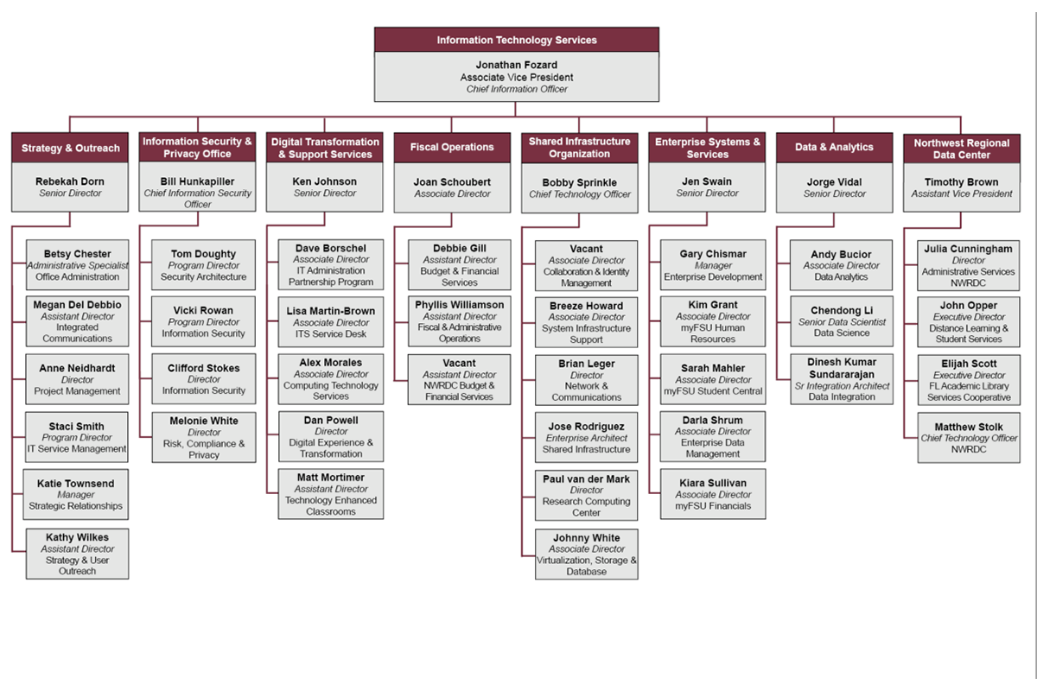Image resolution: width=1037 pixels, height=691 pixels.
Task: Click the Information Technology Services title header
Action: tap(516, 40)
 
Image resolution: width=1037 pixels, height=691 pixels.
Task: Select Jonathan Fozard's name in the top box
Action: tap(516, 65)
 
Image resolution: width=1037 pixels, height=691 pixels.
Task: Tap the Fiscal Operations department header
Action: tap(452, 148)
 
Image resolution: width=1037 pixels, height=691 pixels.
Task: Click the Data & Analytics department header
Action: tap(834, 148)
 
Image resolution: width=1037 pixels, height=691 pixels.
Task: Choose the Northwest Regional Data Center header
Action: tap(961, 149)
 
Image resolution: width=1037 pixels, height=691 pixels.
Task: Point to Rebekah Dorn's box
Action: tap(69, 187)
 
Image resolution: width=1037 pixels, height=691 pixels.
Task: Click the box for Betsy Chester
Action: tap(78, 265)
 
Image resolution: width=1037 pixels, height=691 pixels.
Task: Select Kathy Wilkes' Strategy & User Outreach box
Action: tap(77, 554)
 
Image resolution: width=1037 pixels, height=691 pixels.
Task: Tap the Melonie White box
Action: tap(204, 437)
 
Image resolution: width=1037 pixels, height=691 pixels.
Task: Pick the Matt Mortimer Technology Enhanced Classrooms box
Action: tap(330, 494)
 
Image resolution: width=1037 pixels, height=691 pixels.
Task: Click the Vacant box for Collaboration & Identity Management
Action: tap(586, 266)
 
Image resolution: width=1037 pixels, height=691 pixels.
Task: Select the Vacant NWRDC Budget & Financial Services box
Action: tap(459, 380)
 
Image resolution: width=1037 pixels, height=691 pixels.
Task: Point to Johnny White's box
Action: tap(586, 554)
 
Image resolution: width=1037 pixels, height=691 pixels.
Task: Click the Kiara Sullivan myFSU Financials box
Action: tap(713, 494)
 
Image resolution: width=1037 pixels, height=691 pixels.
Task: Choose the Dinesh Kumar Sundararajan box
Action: tap(841, 379)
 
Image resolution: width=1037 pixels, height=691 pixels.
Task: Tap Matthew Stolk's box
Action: tap(968, 438)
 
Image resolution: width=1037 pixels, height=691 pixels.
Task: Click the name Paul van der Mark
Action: tap(587, 479)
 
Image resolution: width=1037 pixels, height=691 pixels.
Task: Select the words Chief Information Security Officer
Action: tap(198, 199)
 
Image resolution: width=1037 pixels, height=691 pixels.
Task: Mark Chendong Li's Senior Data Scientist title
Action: tap(841, 322)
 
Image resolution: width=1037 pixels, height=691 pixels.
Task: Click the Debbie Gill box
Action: tap(459, 265)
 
